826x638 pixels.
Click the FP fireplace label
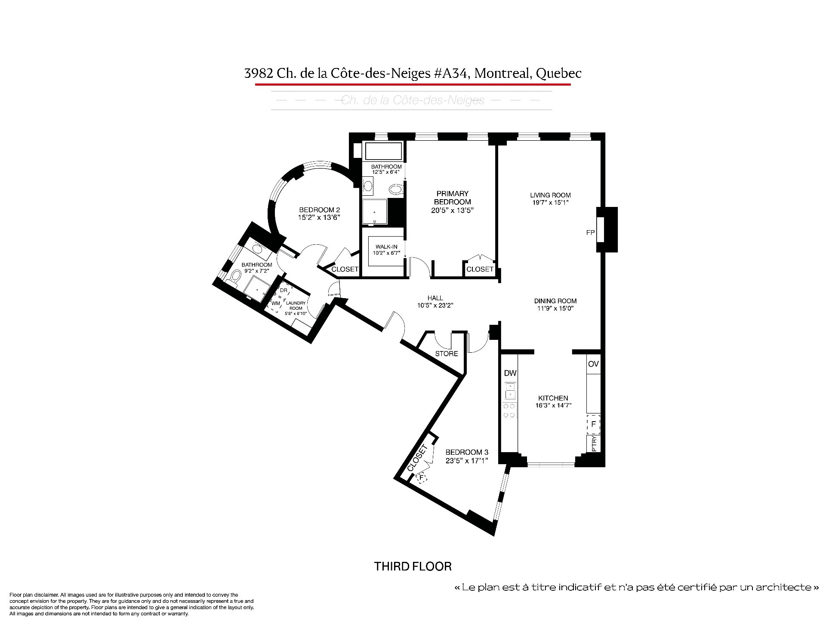(x=590, y=233)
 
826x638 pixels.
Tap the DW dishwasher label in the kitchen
(x=511, y=373)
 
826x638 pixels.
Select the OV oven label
(x=593, y=364)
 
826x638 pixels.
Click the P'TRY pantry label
(x=594, y=444)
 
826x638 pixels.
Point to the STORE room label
(x=447, y=354)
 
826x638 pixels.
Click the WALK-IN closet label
(x=386, y=247)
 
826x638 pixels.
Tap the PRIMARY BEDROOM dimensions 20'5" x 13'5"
(x=452, y=210)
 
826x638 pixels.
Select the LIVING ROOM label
(x=550, y=195)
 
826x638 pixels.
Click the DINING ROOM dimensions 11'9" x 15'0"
(x=555, y=308)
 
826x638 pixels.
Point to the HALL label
(x=435, y=298)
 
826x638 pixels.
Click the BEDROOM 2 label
(x=319, y=210)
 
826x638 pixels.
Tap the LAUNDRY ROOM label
(x=296, y=305)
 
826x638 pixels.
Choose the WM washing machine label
(x=276, y=303)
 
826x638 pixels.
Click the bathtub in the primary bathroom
(x=383, y=151)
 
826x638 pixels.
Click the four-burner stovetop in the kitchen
(x=510, y=410)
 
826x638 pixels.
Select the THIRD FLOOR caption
(x=413, y=566)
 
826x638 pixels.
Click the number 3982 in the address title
(x=259, y=74)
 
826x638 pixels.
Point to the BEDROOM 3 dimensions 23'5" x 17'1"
(x=467, y=459)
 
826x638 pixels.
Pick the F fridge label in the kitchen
(x=594, y=424)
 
